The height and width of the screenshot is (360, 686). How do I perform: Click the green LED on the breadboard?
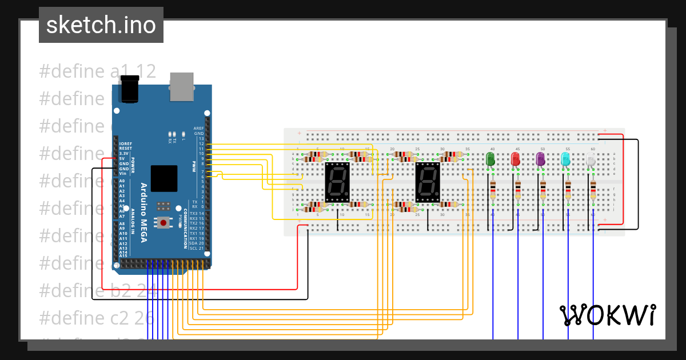pos(490,159)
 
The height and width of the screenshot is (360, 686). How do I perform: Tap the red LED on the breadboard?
pos(515,159)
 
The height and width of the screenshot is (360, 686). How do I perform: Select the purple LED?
pos(540,159)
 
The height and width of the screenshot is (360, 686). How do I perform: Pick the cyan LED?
pos(565,159)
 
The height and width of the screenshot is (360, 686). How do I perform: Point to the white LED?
pos(591,159)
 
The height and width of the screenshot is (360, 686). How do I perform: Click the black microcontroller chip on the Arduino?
pos(164,178)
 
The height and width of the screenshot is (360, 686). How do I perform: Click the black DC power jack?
pos(130,90)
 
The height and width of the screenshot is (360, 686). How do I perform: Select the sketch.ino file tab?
pos(101,25)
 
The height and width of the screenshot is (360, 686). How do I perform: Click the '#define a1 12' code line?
pos(98,71)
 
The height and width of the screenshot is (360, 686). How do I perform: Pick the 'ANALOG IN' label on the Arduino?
pos(132,226)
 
